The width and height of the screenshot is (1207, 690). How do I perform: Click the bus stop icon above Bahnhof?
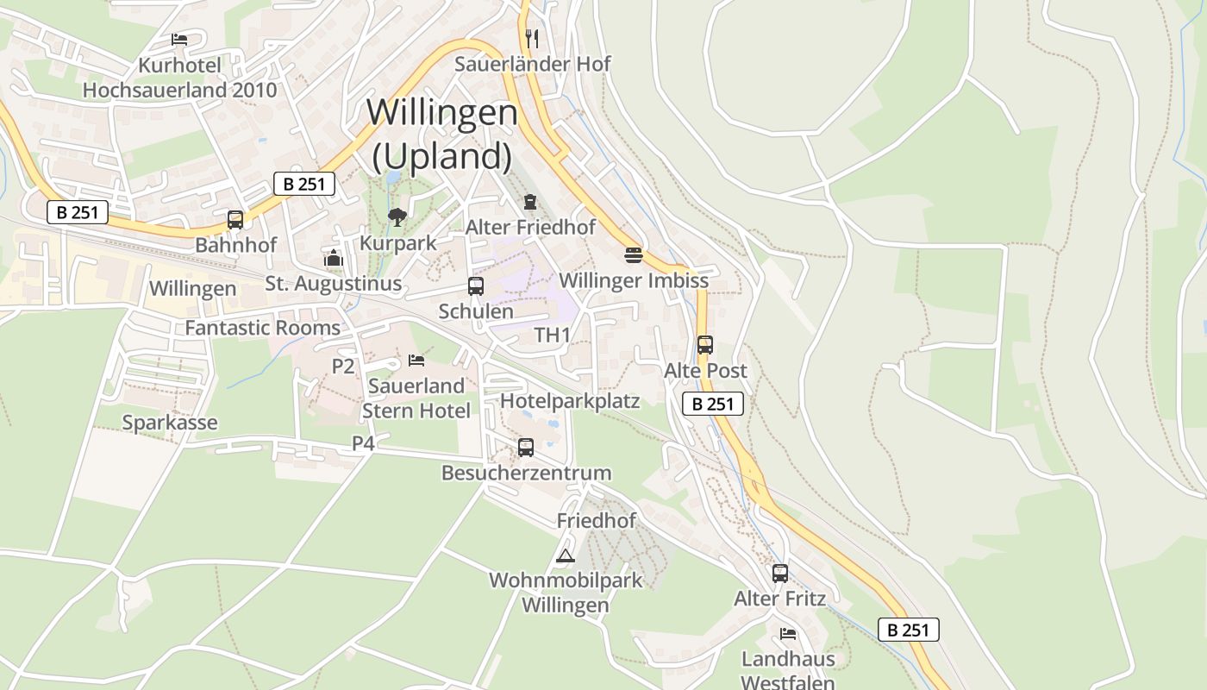coord(235,219)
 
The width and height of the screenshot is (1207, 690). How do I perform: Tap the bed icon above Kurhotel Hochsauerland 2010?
coord(179,40)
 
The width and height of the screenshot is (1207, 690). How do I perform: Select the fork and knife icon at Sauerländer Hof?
coord(532,38)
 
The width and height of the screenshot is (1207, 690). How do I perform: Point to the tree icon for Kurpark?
coord(397,216)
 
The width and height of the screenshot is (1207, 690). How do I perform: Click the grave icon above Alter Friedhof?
coord(529,202)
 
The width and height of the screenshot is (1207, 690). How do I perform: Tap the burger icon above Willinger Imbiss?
coord(634,255)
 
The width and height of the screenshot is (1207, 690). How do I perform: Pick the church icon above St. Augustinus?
coord(333,258)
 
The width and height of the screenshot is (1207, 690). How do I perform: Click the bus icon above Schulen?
coord(475,286)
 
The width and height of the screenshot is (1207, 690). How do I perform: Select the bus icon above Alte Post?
coord(704,345)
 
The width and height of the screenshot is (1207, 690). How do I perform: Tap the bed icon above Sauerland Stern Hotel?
coord(416,360)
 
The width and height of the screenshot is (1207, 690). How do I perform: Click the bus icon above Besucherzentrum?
coord(525,448)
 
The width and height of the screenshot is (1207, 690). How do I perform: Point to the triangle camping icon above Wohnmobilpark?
coord(565,555)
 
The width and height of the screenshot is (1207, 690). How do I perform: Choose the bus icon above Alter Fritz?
coord(779,573)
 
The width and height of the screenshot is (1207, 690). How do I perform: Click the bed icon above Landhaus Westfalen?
coord(787,634)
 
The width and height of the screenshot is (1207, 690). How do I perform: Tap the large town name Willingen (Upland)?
coord(442,134)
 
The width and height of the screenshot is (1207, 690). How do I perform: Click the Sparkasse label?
coord(170,423)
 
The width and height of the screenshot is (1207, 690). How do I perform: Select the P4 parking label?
coord(363,443)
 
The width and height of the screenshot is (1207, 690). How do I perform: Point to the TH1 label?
coord(553,336)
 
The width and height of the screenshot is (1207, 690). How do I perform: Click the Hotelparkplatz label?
coord(570,401)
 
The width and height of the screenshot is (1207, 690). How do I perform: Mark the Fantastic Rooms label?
coord(263,328)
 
